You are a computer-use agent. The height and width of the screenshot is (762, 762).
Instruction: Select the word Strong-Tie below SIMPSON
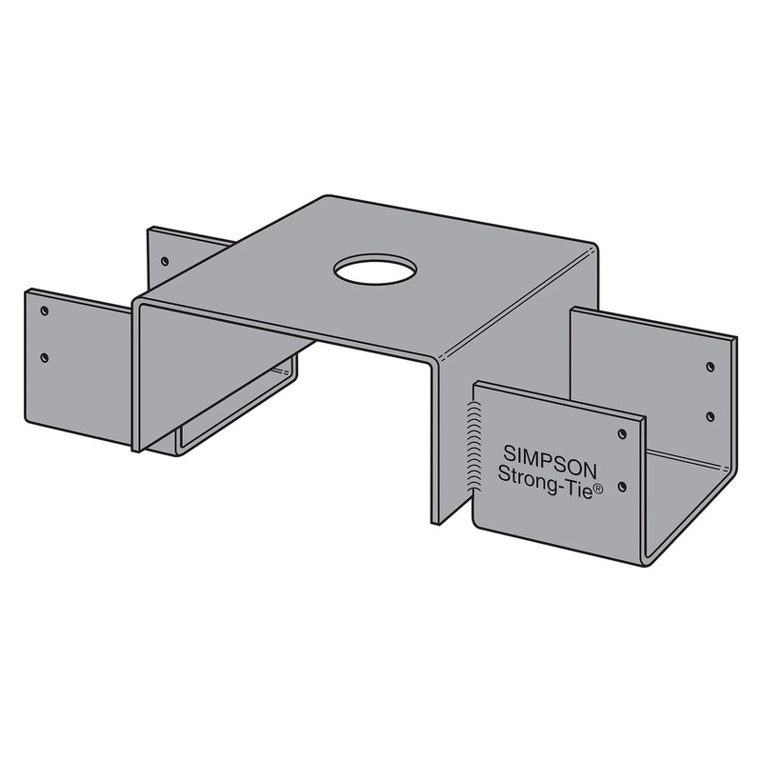pyautogui.click(x=537, y=475)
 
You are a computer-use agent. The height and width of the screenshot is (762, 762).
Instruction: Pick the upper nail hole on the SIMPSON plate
pyautogui.click(x=621, y=433)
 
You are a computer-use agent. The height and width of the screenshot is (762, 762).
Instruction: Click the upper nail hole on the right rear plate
pyautogui.click(x=710, y=366)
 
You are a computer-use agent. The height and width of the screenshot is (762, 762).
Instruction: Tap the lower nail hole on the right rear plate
pyautogui.click(x=710, y=416)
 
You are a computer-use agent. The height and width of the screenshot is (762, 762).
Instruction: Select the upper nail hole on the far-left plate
pyautogui.click(x=44, y=311)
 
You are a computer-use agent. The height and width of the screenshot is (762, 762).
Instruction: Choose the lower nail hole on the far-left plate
pyautogui.click(x=44, y=358)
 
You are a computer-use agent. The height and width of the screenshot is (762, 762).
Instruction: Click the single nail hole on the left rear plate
pyautogui.click(x=164, y=259)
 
